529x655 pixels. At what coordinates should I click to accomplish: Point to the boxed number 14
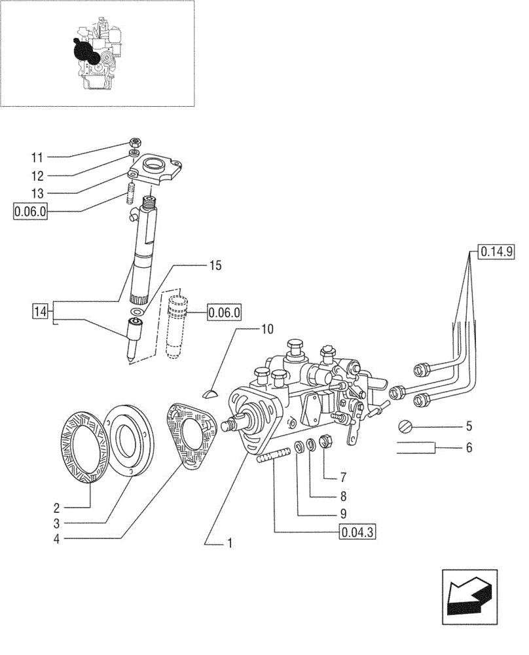(40, 311)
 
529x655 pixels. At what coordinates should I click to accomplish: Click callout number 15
(215, 265)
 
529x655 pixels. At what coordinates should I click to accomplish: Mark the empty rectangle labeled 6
(416, 448)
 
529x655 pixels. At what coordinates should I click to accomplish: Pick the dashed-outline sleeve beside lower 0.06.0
(177, 326)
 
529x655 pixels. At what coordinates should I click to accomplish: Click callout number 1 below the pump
(230, 543)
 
